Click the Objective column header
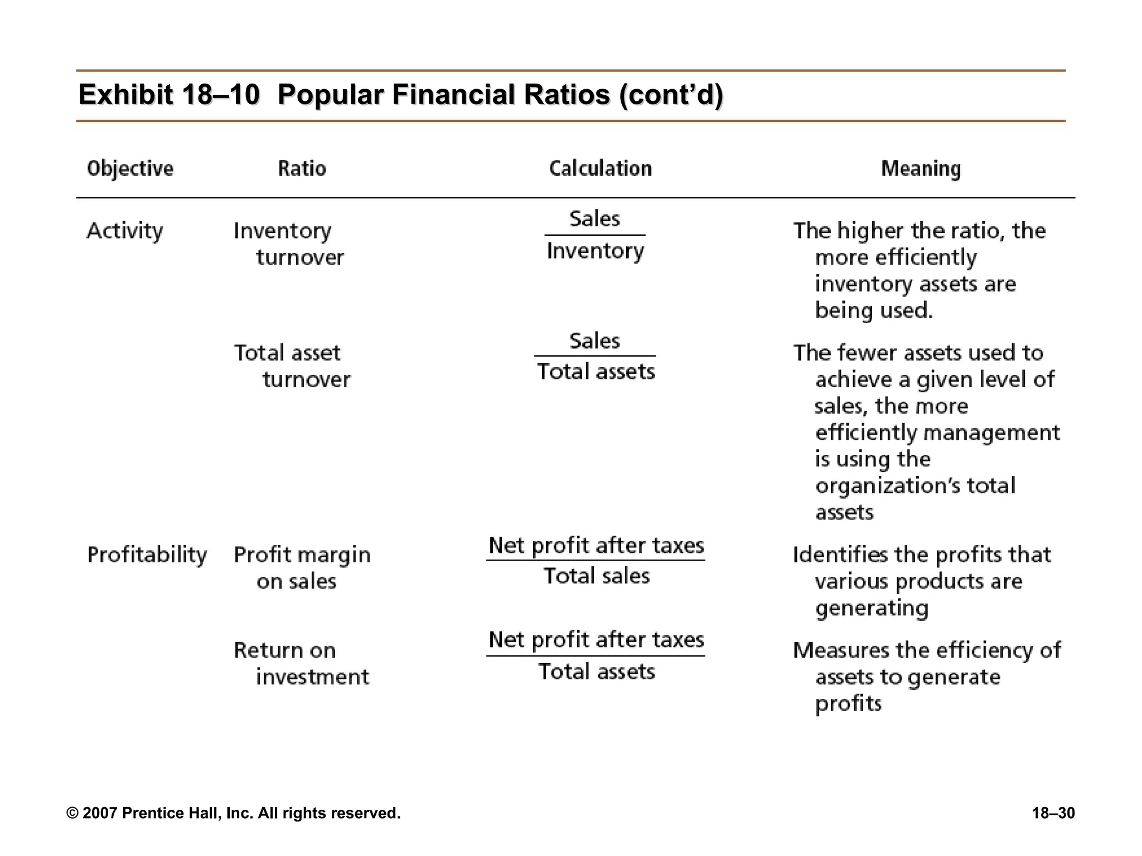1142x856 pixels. (130, 168)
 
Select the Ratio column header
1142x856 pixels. (302, 168)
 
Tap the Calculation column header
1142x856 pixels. (600, 168)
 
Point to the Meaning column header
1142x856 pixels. (921, 168)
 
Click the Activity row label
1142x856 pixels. (125, 231)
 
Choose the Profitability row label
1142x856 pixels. (147, 555)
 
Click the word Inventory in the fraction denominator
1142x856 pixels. (595, 251)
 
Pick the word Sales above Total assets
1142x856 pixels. (594, 341)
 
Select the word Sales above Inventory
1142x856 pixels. (594, 218)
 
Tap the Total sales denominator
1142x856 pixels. (596, 576)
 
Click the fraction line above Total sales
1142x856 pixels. (596, 560)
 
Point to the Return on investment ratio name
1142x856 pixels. (301, 663)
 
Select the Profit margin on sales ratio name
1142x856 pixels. (302, 568)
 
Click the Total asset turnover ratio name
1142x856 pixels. (292, 366)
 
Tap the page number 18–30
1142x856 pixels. (1053, 813)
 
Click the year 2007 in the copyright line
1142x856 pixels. (100, 813)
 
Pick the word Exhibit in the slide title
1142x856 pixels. (125, 95)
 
